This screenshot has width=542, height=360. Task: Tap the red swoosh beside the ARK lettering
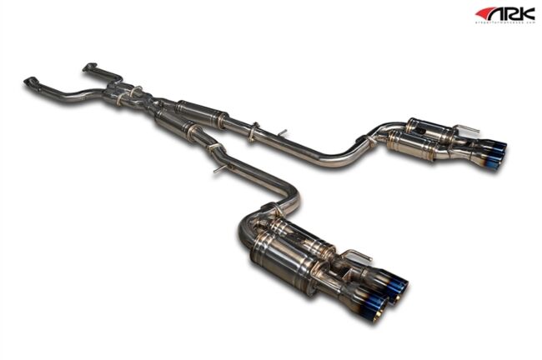click(x=485, y=12)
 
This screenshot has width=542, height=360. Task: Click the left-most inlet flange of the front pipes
click(x=31, y=82)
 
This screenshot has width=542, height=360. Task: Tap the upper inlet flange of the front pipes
click(x=91, y=66)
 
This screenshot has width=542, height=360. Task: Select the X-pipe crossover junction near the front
click(x=140, y=97)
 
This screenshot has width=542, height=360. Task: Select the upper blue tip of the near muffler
click(x=398, y=286)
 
